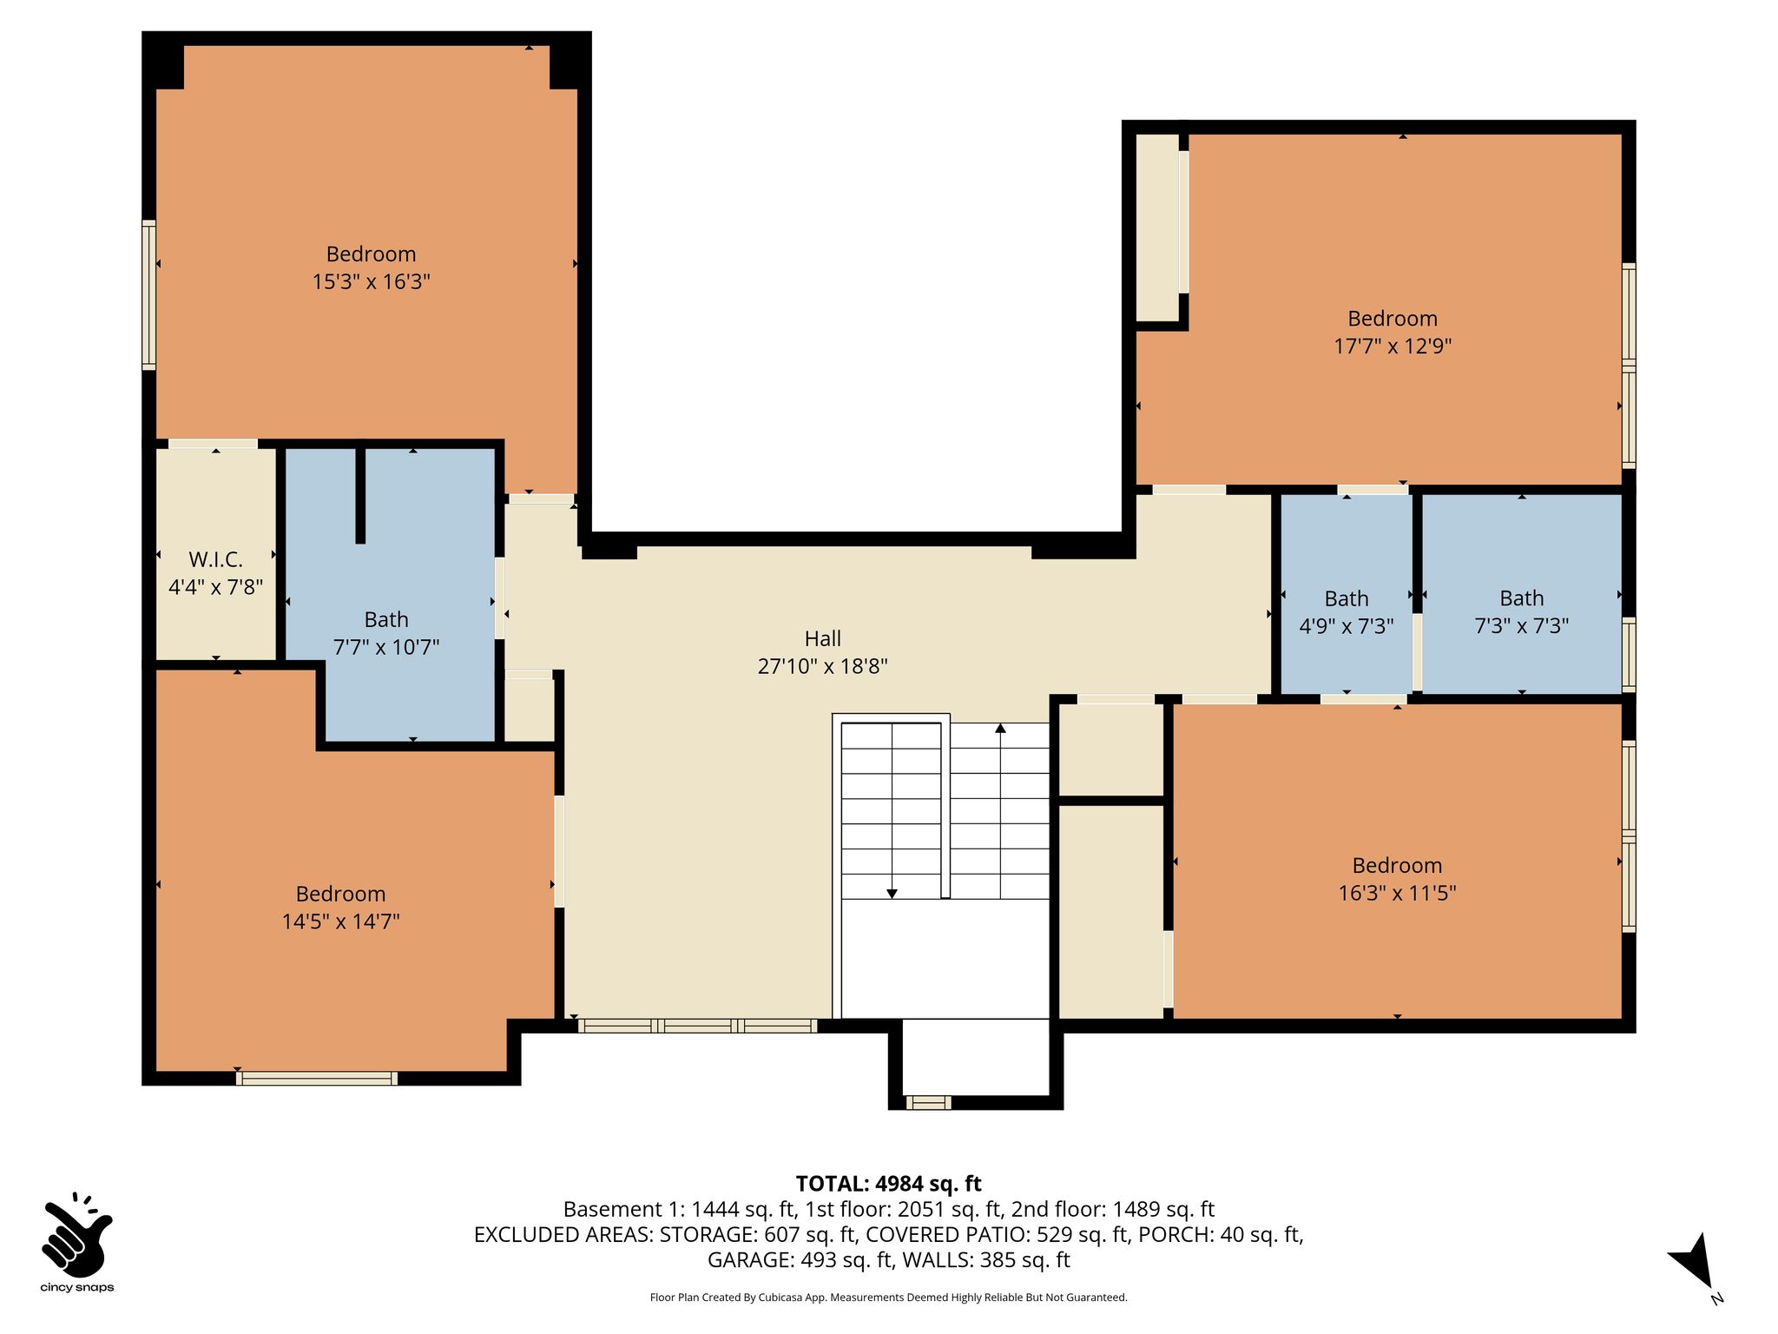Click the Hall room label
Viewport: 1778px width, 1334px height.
822,638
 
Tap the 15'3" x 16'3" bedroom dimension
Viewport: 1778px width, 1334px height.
372,281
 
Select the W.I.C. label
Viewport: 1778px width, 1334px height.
215,559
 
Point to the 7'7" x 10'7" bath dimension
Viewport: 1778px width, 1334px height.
386,647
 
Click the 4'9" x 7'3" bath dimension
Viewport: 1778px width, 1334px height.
1346,626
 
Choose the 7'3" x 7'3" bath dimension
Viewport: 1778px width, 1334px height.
1521,625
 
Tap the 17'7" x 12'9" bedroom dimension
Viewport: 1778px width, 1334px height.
1393,346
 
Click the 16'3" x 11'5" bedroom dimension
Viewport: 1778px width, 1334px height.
1397,893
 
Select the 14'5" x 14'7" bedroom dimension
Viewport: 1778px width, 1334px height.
340,921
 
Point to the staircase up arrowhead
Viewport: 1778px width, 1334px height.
1000,728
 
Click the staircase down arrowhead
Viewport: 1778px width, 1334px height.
892,894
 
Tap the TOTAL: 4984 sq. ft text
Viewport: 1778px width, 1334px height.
888,1183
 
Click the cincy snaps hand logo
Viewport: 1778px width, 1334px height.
76,1232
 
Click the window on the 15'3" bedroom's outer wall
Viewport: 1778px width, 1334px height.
149,295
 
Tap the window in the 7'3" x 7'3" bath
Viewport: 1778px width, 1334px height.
1630,655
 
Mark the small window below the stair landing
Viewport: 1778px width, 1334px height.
928,1102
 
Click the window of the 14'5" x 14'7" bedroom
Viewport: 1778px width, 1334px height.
317,1078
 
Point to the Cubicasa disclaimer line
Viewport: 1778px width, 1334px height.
888,1298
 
